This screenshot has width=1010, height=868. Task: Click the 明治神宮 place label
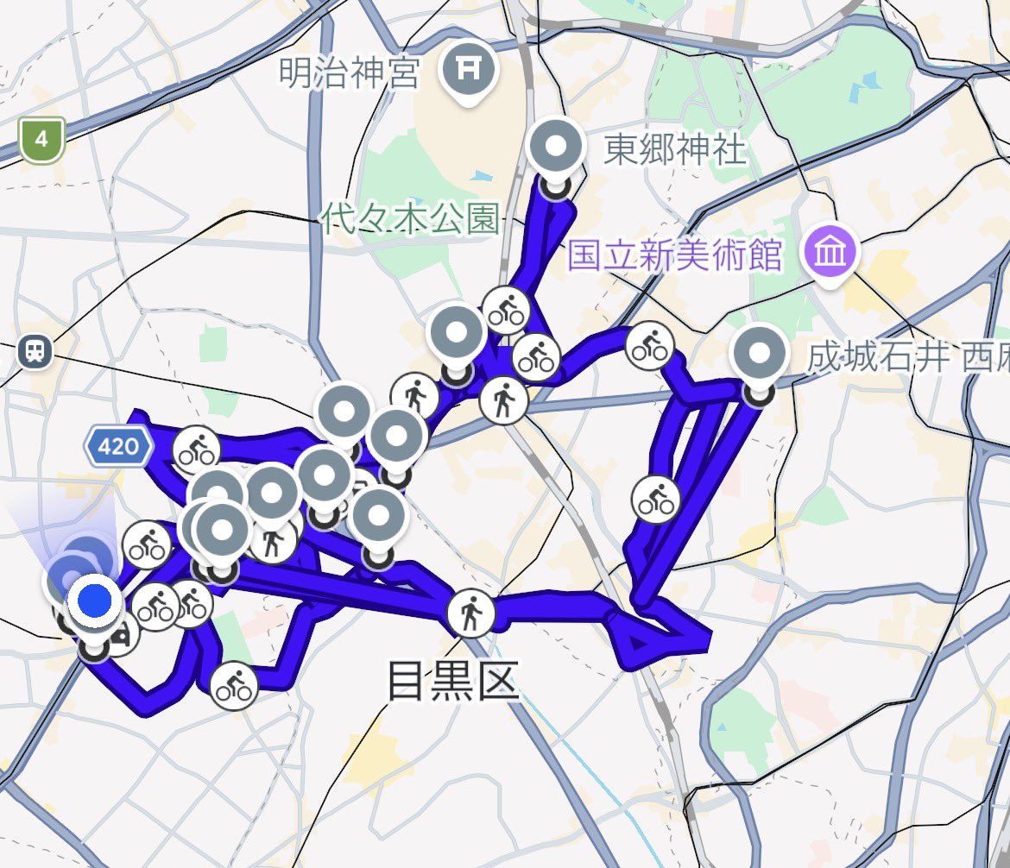pos(349,74)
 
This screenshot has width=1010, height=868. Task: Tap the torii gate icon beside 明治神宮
pos(466,70)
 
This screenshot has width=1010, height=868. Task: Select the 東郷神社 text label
pos(674,150)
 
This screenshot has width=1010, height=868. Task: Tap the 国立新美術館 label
pos(674,255)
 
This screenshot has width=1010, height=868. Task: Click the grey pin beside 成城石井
pos(760,355)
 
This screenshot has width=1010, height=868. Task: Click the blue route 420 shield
pos(119,446)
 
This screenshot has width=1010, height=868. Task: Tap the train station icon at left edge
pos(35,350)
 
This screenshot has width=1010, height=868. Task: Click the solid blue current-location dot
pos(94,599)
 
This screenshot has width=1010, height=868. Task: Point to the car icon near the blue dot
pos(122,637)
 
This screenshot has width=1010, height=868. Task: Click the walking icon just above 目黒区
pos(471,613)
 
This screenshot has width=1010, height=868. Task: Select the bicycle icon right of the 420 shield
pos(197,450)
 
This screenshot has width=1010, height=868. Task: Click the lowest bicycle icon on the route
pos(234,685)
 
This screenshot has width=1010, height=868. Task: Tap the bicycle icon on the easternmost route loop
pos(656,499)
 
